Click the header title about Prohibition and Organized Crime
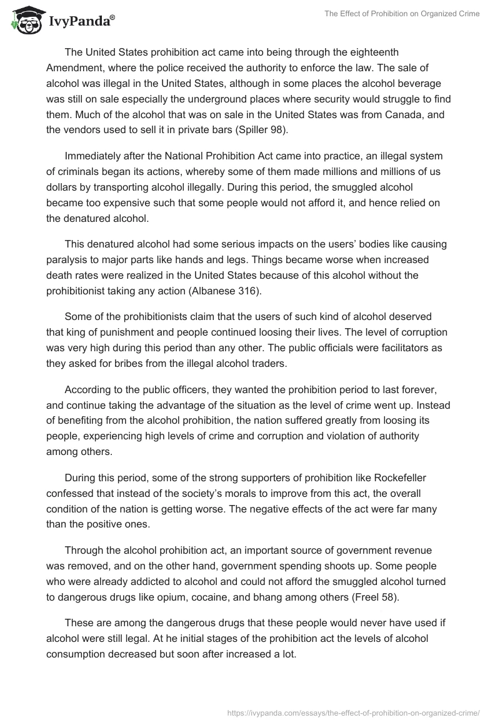tap(402, 14)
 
